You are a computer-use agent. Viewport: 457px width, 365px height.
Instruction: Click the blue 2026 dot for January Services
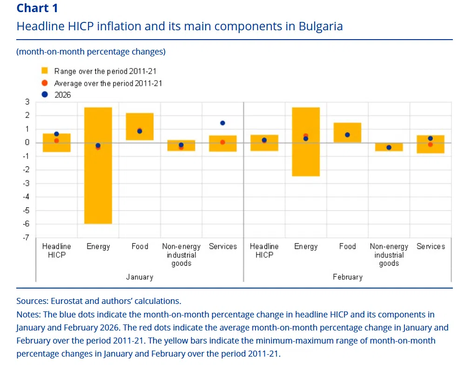(223, 123)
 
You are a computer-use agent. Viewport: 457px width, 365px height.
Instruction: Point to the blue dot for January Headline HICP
(56, 134)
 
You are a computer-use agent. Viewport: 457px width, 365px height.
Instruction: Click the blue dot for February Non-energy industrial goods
(389, 148)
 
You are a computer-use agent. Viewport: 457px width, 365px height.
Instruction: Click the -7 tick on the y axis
(27, 238)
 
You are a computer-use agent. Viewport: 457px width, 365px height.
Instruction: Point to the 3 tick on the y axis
(27, 102)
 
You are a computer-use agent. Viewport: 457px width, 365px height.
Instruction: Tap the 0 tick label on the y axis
(27, 143)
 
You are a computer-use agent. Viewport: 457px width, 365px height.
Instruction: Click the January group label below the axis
(140, 277)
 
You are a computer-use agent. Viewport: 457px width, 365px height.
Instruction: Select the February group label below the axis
(347, 277)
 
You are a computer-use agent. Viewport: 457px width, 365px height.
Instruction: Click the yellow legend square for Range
(45, 71)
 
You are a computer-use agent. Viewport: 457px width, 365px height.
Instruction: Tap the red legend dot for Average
(45, 83)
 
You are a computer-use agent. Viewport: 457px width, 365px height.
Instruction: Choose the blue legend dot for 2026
(45, 95)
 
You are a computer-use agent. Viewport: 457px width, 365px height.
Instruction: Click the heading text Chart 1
(37, 8)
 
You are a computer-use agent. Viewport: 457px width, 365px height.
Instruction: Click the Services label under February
(430, 247)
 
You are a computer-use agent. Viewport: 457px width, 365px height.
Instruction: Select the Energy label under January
(98, 247)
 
